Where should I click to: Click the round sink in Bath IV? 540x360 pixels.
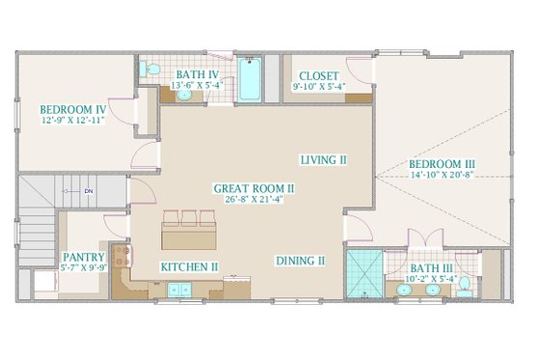pos(183,95)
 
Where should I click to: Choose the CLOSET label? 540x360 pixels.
pos(317,76)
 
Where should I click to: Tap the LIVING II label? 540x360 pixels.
pos(323,159)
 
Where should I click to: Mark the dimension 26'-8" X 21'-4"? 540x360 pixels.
pos(233,200)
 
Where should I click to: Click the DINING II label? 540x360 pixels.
pos(300,261)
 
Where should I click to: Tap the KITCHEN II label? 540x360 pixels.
pos(189,264)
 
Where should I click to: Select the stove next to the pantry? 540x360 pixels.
pos(121,258)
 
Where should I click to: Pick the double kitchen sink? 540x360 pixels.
pos(177,288)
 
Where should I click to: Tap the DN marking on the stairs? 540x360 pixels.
pos(88,190)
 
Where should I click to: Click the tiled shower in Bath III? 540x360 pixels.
pos(364,273)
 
